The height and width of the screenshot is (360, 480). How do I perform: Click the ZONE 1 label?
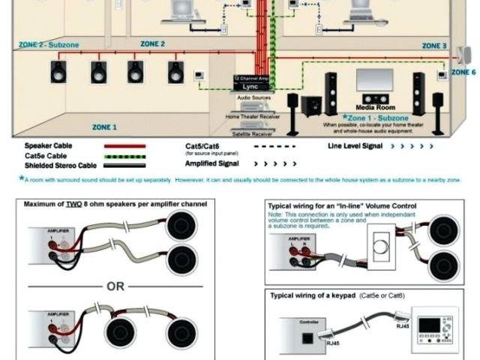click(x=104, y=127)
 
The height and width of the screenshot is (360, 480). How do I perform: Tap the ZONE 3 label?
click(x=434, y=46)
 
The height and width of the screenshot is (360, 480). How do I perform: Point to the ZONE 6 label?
click(x=463, y=72)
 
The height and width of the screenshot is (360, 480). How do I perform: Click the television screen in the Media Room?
click(x=374, y=80)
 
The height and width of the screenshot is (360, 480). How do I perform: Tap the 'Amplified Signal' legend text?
click(x=214, y=162)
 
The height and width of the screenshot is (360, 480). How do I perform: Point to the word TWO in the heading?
click(x=73, y=203)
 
